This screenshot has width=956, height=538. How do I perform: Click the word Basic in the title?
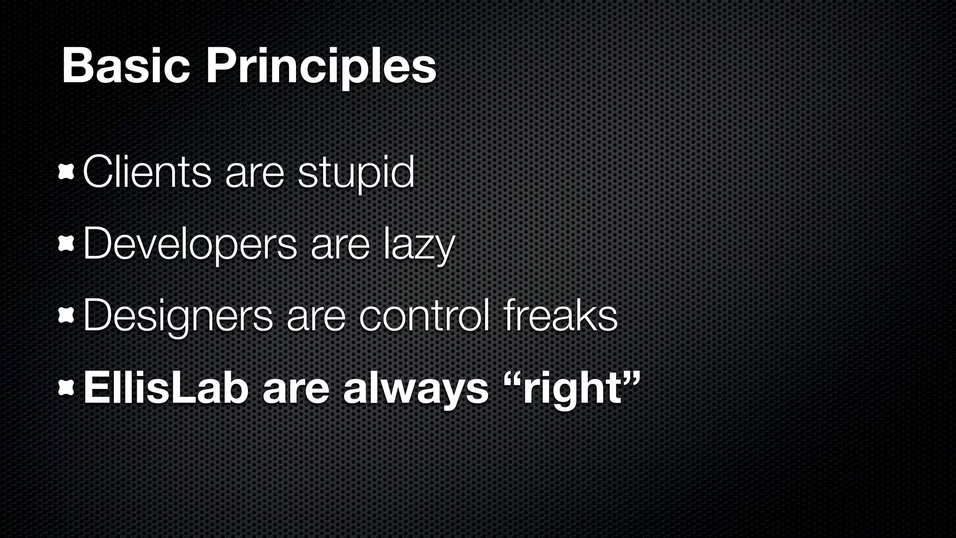(x=126, y=67)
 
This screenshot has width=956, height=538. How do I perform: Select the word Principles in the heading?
(x=321, y=68)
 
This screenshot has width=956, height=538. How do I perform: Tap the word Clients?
(x=147, y=172)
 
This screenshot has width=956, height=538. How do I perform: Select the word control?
(x=425, y=316)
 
